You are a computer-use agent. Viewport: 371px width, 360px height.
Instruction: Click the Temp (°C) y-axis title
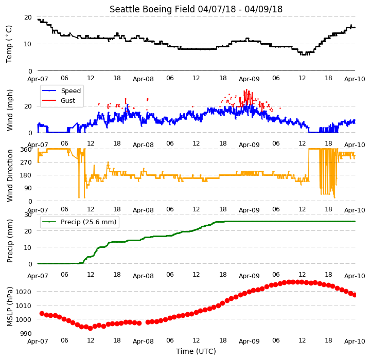click(x=9, y=44)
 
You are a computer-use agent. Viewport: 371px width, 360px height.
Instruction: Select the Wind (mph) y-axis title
click(x=10, y=110)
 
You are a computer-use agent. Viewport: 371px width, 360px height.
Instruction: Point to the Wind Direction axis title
click(x=10, y=175)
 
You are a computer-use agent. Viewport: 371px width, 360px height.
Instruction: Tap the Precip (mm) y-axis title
click(x=10, y=241)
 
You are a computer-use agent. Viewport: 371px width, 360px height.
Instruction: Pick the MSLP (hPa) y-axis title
click(x=10, y=307)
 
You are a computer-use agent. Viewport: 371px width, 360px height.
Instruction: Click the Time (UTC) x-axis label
click(x=196, y=351)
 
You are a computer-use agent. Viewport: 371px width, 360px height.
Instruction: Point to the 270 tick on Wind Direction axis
click(x=27, y=163)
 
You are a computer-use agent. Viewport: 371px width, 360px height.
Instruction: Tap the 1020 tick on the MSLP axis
click(x=24, y=292)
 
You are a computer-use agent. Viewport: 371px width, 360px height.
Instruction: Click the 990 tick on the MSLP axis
click(x=26, y=333)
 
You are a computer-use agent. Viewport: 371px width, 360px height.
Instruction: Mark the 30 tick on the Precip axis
click(x=28, y=215)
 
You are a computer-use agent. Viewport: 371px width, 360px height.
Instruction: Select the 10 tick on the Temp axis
click(x=28, y=44)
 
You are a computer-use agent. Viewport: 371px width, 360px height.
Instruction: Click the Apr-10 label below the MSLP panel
click(x=355, y=341)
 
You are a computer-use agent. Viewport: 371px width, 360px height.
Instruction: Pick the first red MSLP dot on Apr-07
click(x=42, y=313)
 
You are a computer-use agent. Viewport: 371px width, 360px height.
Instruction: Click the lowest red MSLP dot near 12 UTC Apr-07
click(x=90, y=328)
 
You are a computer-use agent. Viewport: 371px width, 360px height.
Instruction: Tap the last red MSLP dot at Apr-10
click(x=355, y=295)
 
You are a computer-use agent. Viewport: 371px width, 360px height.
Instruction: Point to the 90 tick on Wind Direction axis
click(x=28, y=188)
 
